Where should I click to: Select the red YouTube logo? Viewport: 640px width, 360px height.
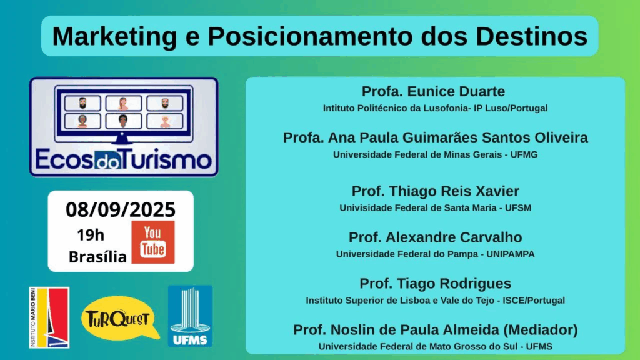click(153, 242)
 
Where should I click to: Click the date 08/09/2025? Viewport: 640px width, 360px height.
click(121, 210)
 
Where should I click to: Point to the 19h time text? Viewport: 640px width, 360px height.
click(91, 235)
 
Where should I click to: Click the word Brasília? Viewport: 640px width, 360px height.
click(97, 257)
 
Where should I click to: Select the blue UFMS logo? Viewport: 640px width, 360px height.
click(190, 316)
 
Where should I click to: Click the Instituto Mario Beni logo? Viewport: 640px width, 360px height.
click(49, 317)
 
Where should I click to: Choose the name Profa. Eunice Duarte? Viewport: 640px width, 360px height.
click(434, 91)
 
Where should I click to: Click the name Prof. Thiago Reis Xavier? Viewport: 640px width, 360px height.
click(436, 191)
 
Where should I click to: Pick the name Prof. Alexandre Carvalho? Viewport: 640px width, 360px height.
click(436, 237)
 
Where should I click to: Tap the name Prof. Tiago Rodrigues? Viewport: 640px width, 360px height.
click(436, 283)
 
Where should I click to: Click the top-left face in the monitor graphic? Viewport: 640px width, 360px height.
click(82, 103)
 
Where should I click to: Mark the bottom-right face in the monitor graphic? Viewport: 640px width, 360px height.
click(165, 121)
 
